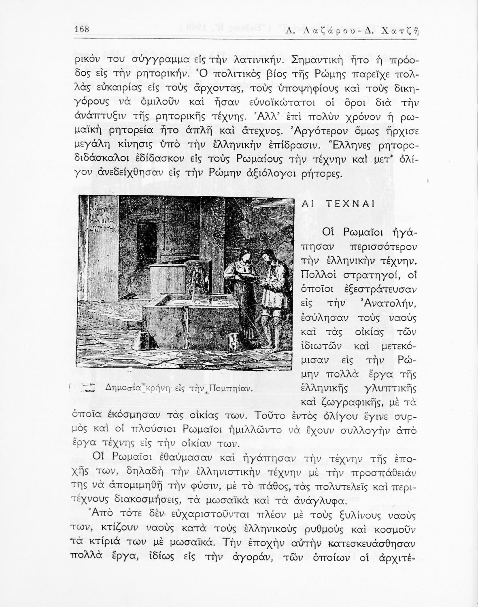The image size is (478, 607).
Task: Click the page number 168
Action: [82, 30]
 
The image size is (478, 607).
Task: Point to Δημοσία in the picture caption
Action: [121, 388]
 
